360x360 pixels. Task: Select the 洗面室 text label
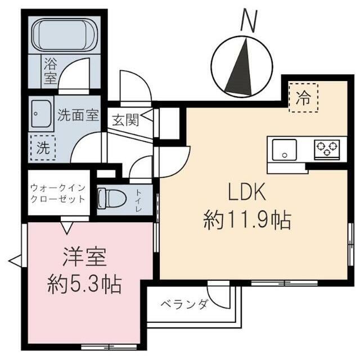(x=78, y=115)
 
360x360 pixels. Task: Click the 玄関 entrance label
(x=125, y=120)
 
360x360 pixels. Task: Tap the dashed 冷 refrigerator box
(x=303, y=97)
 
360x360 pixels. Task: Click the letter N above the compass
(x=248, y=20)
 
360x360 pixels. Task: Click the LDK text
(x=246, y=193)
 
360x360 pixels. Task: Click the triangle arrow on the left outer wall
(x=15, y=260)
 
